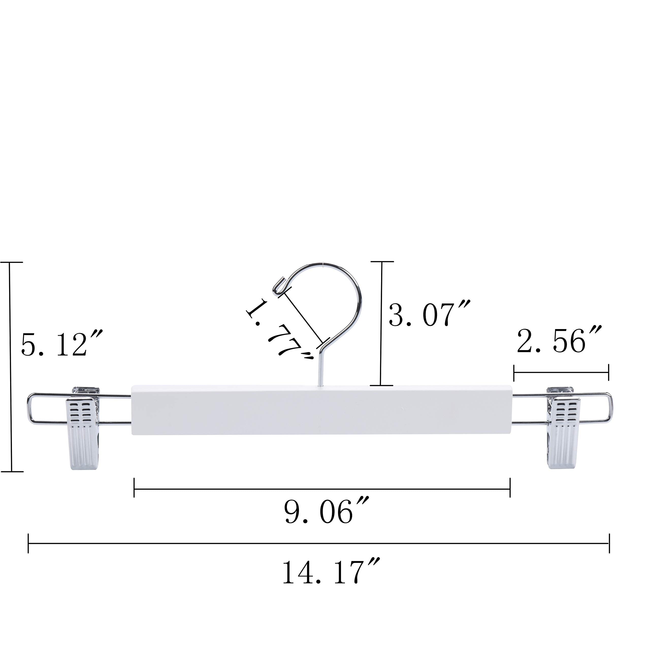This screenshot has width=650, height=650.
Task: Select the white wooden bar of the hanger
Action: [x=321, y=410]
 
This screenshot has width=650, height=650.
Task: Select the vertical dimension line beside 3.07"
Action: [x=381, y=323]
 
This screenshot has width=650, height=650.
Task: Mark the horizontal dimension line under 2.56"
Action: [x=561, y=372]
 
